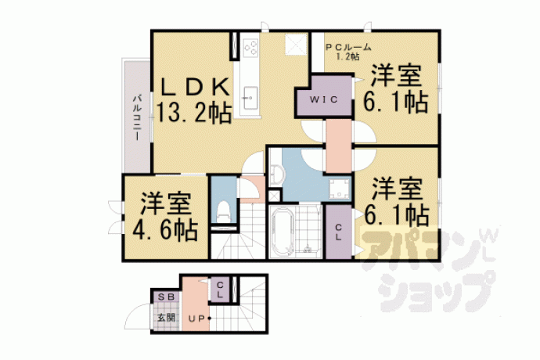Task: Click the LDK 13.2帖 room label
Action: pyautogui.click(x=194, y=100)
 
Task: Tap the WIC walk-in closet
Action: pyautogui.click(x=324, y=99)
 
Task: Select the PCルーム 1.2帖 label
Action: pyautogui.click(x=348, y=52)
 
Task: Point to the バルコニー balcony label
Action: pyautogui.click(x=137, y=117)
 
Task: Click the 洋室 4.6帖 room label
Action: pyautogui.click(x=165, y=217)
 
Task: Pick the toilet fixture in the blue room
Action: pyautogui.click(x=223, y=211)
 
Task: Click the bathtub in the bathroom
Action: pyautogui.click(x=283, y=232)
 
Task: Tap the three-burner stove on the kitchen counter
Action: pyautogui.click(x=250, y=48)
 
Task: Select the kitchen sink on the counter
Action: pyautogui.click(x=250, y=98)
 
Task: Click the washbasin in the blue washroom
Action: pyautogui.click(x=276, y=172)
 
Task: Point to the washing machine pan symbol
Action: pyautogui.click(x=340, y=189)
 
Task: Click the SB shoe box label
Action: pyautogui.click(x=167, y=297)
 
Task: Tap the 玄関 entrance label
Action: pyautogui.click(x=167, y=317)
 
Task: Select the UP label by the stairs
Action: pyautogui.click(x=196, y=319)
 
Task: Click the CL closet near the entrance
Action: pyautogui.click(x=220, y=290)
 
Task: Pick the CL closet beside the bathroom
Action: pyautogui.click(x=339, y=232)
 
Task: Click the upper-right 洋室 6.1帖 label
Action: pyautogui.click(x=396, y=89)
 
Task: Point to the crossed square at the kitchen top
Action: pyautogui.click(x=296, y=44)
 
